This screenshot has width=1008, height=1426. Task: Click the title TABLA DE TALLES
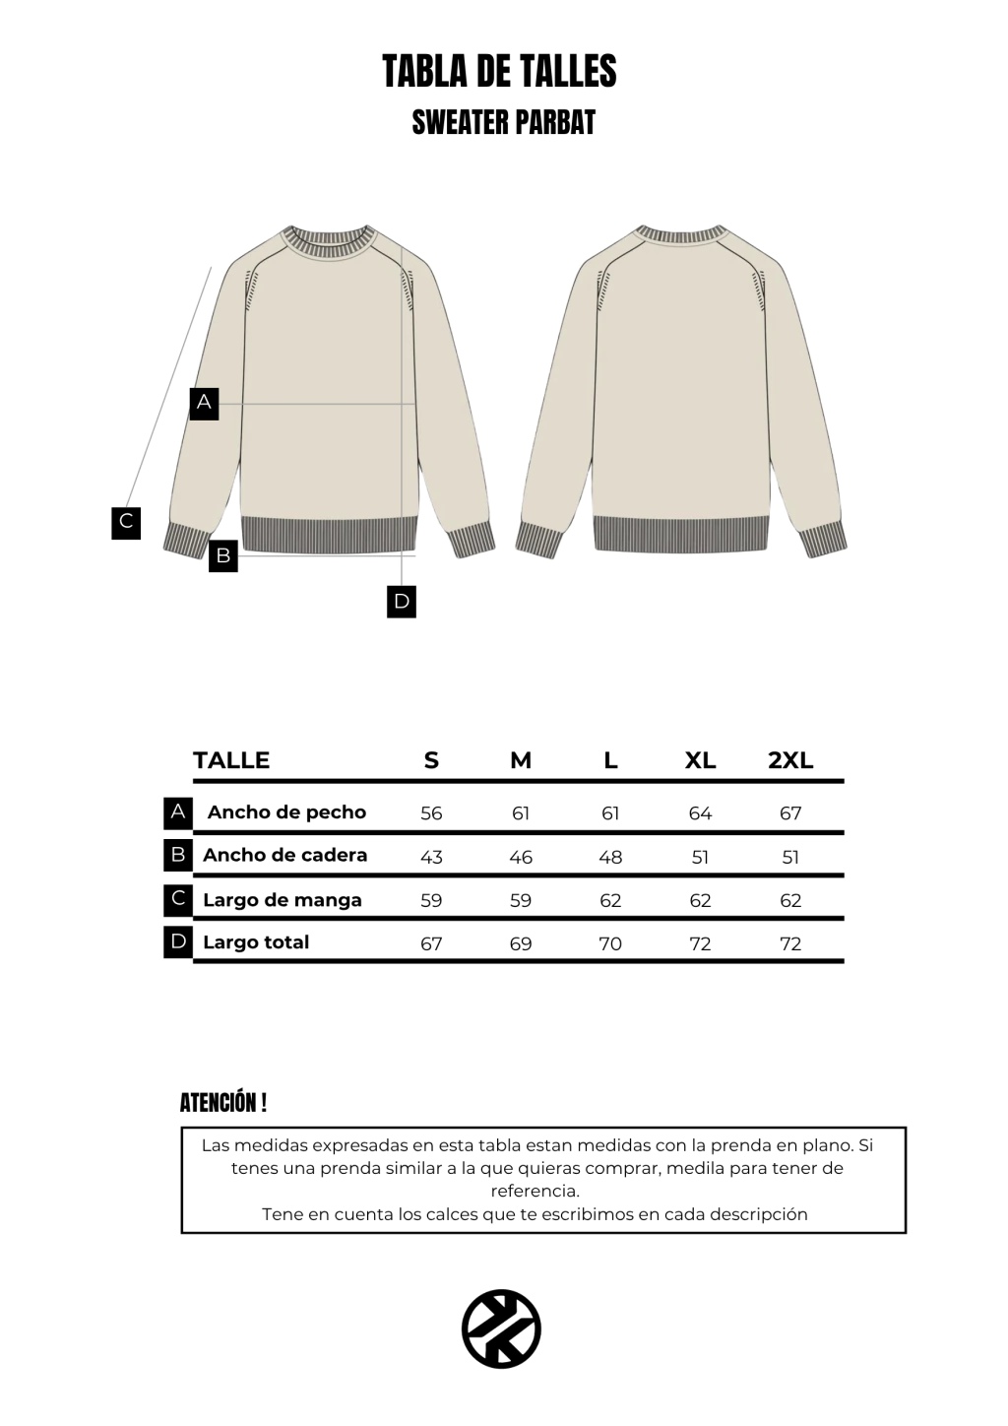[499, 72]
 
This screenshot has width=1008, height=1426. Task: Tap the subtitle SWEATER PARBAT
[503, 122]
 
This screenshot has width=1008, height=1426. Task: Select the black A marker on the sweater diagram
[204, 402]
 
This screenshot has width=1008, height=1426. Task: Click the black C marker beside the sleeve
[126, 522]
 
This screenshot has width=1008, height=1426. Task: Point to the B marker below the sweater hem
[223, 556]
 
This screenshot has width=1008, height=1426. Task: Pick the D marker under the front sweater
[402, 602]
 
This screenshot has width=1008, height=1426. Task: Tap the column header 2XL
[790, 760]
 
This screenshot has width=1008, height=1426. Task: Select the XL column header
[700, 760]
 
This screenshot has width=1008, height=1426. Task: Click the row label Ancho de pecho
[286, 812]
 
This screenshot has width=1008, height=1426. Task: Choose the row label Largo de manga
[282, 900]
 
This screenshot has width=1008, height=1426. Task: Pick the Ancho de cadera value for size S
[431, 857]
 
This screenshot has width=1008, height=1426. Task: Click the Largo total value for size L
[610, 943]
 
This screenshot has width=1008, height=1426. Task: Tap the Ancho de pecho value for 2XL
[790, 813]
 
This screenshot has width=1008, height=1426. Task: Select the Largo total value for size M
[521, 943]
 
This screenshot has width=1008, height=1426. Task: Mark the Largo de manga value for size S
[431, 900]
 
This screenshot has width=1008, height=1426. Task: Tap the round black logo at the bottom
[502, 1329]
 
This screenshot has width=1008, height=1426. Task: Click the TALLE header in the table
[231, 760]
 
